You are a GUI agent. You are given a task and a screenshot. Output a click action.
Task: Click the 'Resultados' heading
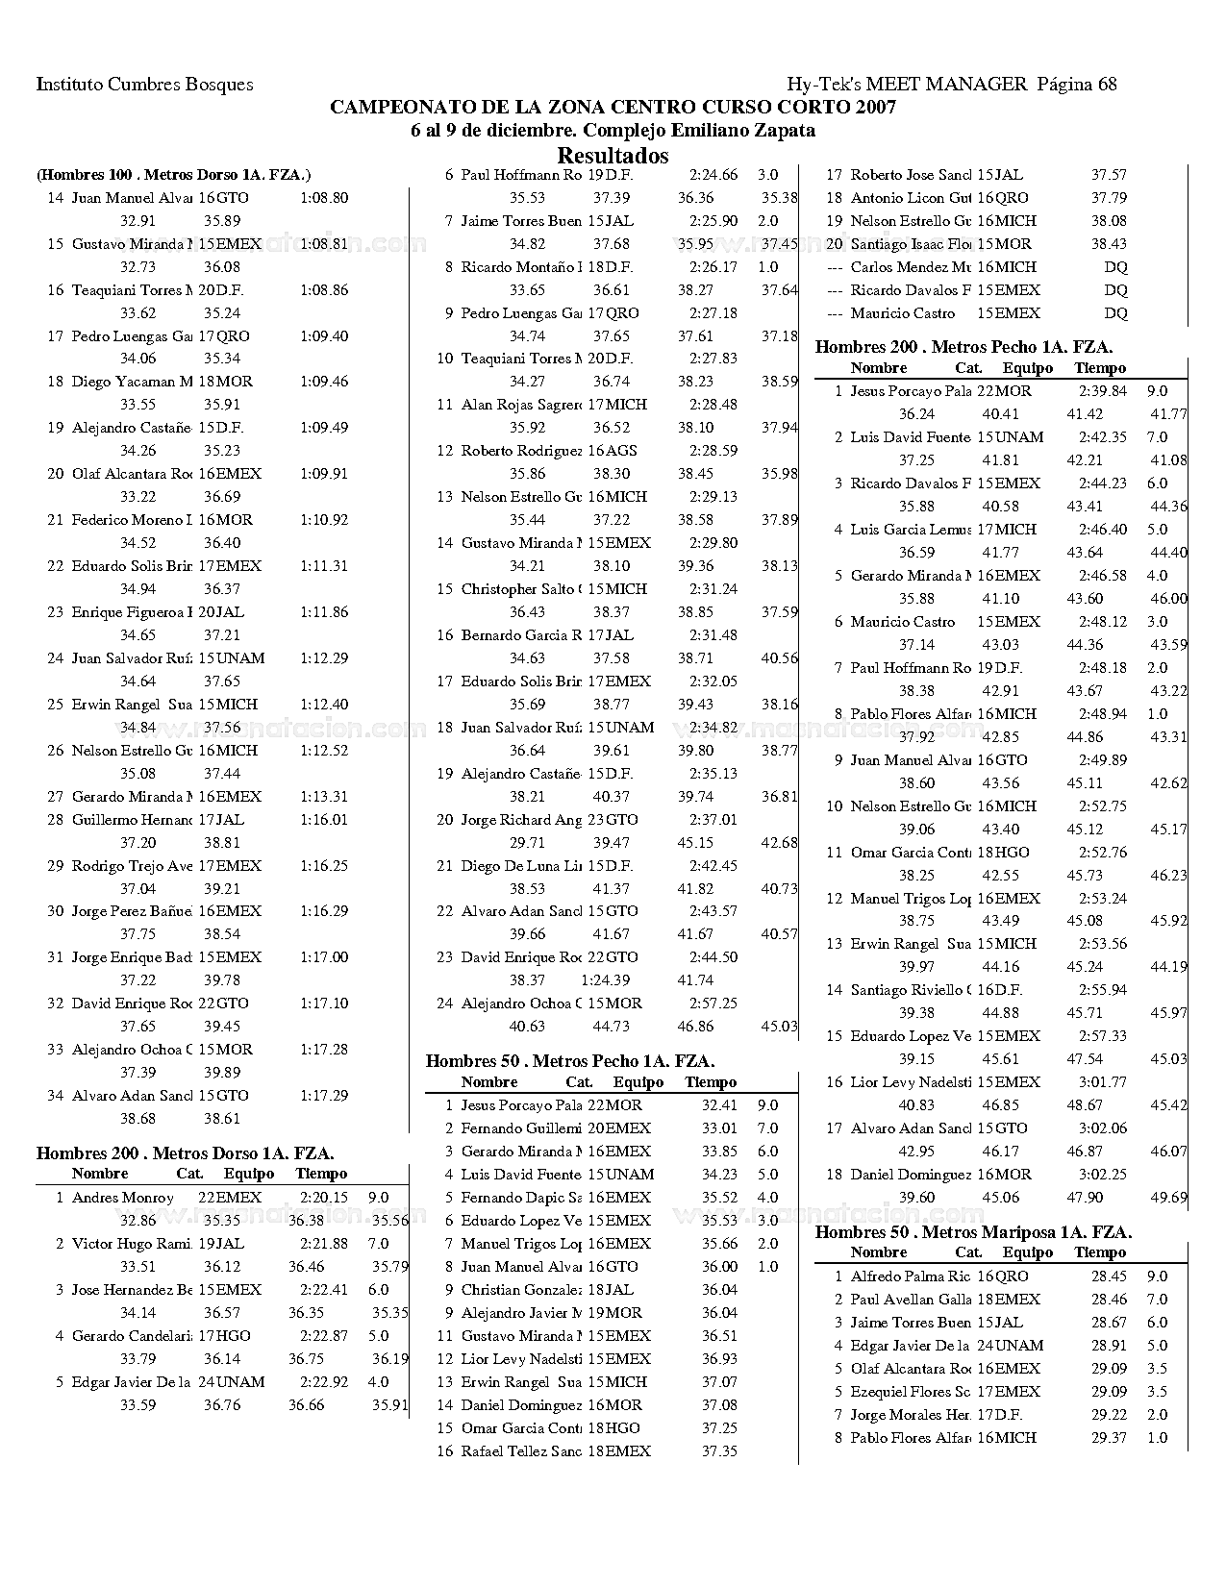coord(613,156)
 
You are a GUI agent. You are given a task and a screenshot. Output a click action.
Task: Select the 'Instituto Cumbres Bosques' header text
coord(144,84)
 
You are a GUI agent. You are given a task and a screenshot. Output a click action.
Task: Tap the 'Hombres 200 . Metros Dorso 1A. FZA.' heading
coord(185,1152)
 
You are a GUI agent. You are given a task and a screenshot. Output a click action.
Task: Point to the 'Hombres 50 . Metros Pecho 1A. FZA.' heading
coord(569,1061)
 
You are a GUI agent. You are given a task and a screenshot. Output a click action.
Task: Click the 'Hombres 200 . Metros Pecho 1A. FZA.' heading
coord(963,347)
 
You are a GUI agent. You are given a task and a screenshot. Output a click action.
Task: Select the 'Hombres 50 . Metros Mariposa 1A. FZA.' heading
coord(973,1231)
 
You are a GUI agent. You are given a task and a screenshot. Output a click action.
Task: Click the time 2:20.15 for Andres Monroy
coord(323,1198)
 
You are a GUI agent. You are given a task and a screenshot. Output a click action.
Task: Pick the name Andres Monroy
coord(123,1198)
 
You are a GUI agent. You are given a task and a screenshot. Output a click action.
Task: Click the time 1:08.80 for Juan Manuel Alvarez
coord(323,198)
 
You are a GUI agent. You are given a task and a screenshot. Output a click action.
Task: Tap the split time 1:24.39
coord(606,980)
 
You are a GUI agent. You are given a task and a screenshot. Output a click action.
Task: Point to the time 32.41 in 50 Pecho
coord(719,1105)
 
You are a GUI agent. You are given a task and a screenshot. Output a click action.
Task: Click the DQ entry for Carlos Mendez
coord(1115,267)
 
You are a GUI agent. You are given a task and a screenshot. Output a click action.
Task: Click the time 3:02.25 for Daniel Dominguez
coord(1102,1175)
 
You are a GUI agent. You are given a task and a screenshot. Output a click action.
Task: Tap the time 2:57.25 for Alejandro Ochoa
coord(713,1004)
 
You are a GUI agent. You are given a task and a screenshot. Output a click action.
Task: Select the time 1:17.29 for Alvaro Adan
coord(323,1096)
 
